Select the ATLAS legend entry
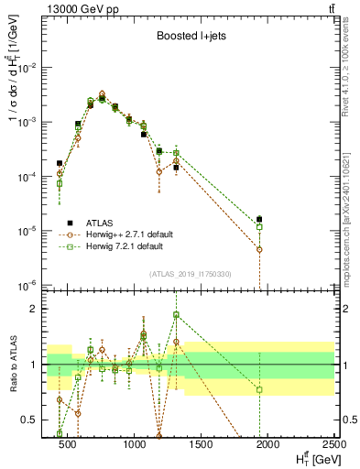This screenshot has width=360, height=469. click(99, 222)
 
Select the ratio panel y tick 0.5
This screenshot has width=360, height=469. click(33, 420)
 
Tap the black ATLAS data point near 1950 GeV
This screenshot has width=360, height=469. click(260, 219)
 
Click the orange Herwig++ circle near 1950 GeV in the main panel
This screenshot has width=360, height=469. click(260, 249)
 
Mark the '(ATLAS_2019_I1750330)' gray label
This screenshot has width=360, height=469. click(190, 274)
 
